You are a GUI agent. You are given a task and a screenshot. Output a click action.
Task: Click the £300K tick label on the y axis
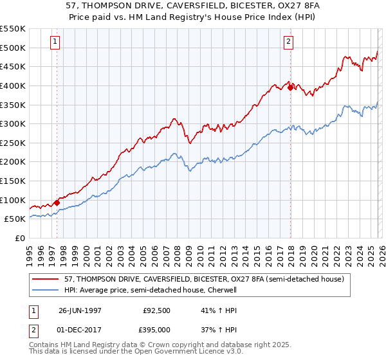[13, 123]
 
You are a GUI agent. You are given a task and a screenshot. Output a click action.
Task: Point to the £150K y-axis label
[13, 181]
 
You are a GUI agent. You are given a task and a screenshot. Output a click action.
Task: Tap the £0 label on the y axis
[21, 238]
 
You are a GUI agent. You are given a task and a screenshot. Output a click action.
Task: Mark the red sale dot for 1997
[57, 203]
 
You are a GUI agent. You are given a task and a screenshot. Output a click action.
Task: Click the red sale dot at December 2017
[290, 87]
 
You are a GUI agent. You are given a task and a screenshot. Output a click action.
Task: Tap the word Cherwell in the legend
[223, 290]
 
